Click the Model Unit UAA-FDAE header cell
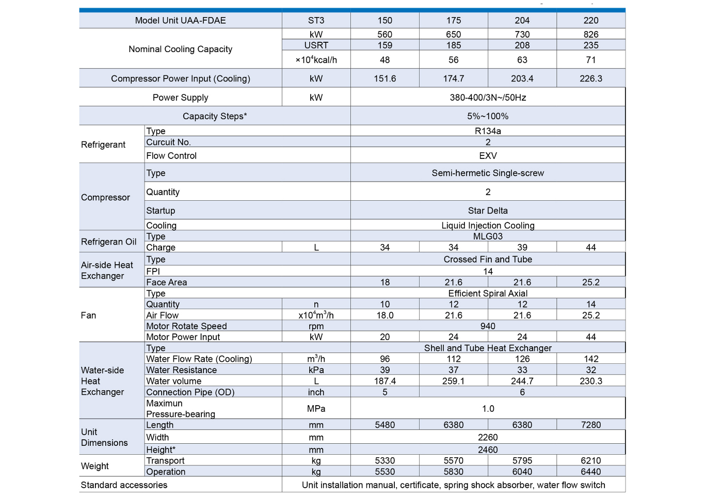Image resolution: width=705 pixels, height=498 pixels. coord(180,21)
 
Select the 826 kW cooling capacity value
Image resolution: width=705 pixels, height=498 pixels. coord(591,35)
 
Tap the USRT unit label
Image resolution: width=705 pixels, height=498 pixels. coord(316,45)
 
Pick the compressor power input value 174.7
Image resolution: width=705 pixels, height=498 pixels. coord(453,79)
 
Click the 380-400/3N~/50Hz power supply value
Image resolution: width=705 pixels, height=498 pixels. coord(488,98)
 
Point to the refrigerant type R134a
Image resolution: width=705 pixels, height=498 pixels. coord(488,131)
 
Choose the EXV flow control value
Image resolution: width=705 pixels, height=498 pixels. coord(488,156)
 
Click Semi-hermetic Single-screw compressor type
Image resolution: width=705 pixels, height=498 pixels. coord(488,173)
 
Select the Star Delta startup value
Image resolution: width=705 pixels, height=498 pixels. coord(488,211)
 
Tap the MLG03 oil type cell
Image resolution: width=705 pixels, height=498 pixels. coord(488,236)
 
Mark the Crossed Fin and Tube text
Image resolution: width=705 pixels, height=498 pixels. coord(488,260)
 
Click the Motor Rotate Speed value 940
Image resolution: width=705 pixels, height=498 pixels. coord(488,326)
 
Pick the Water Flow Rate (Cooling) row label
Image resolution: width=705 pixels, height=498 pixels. coord(199,359)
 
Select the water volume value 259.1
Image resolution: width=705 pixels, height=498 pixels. coord(453,381)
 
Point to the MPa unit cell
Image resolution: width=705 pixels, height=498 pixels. coord(316,409)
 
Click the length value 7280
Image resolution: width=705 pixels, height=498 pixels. coord(591,425)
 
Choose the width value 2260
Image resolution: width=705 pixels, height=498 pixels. coord(488,438)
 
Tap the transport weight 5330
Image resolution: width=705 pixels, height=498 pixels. coord(384,461)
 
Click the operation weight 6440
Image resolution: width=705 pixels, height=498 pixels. coord(591,472)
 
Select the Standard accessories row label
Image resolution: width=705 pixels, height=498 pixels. coord(124,485)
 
